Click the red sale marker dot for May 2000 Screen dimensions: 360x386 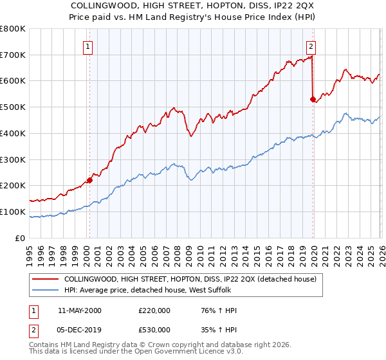click(89, 180)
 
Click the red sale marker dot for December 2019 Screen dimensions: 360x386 click(313, 99)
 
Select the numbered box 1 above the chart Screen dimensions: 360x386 click(87, 46)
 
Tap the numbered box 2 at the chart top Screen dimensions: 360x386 click(311, 46)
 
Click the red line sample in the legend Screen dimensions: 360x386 click(45, 280)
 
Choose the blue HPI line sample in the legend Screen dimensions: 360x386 click(45, 291)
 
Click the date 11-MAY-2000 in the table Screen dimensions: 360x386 click(80, 310)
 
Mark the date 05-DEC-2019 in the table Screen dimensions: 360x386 click(80, 331)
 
